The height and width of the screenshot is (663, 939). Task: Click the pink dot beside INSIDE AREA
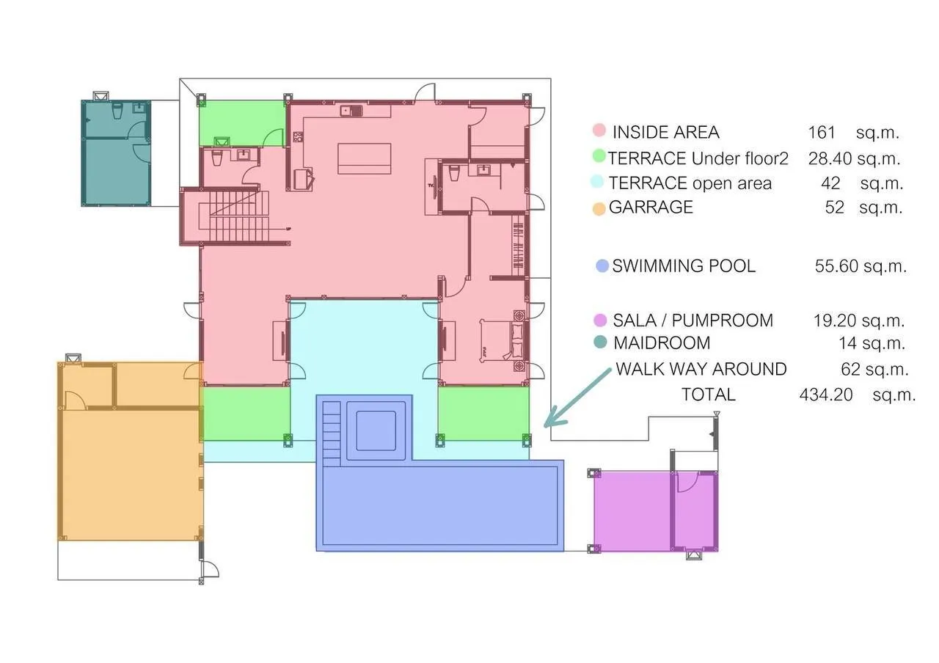pos(599,130)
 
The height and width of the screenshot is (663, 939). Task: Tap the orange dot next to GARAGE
pos(599,209)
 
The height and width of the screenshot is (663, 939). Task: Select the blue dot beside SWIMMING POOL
pos(602,265)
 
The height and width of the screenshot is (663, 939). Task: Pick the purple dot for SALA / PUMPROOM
pos(600,320)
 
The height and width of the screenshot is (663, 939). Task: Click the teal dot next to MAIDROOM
pos(600,342)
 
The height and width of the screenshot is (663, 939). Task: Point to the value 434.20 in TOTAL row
pos(826,395)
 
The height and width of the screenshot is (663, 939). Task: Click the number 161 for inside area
pos(821,133)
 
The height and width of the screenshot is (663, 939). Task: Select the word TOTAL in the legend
pos(709,395)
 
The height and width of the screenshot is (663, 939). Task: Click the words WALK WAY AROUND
pos(701,369)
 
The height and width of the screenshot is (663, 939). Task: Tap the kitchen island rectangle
pos(365,158)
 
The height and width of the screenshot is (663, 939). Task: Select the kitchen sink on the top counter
pos(351,111)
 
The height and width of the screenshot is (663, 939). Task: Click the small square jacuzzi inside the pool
pos(376,431)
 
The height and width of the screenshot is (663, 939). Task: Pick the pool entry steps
pos(331,433)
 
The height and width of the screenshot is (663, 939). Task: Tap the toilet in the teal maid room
pos(117,111)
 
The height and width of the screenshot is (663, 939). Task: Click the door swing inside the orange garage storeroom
pos(76,400)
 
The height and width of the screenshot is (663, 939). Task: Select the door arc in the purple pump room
pos(687,483)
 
